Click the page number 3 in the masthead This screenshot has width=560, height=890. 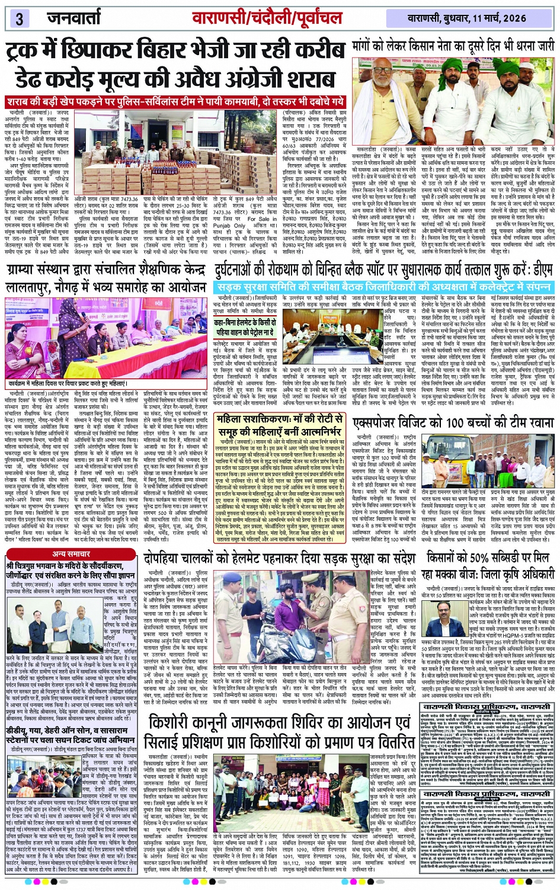[19, 18]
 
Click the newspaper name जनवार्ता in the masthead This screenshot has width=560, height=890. [74, 18]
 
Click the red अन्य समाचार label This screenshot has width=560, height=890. [71, 553]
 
